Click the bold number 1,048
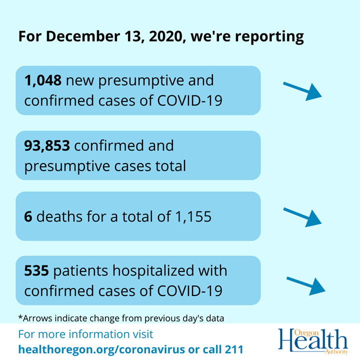click(43, 79)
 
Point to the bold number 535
click(36, 271)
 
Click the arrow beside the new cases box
click(302, 90)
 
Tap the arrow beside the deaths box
click(302, 216)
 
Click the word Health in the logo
click(312, 342)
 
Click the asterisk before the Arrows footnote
click(20, 316)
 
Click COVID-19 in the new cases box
click(190, 100)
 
